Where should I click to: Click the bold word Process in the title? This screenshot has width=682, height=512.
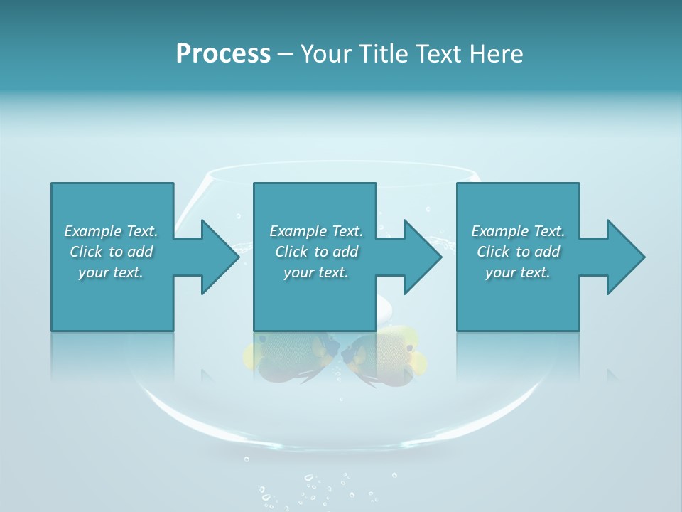pyautogui.click(x=223, y=54)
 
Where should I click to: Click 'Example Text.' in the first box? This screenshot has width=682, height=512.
pyautogui.click(x=111, y=231)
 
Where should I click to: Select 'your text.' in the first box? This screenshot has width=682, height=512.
pyautogui.click(x=111, y=272)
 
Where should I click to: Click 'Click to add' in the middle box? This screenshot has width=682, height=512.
pyautogui.click(x=316, y=252)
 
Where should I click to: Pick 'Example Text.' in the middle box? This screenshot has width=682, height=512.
pyautogui.click(x=316, y=231)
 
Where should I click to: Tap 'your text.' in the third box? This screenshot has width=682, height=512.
pyautogui.click(x=518, y=272)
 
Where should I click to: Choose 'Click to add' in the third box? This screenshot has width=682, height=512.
pyautogui.click(x=518, y=252)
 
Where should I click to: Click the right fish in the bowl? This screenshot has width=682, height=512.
pyautogui.click(x=384, y=356)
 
